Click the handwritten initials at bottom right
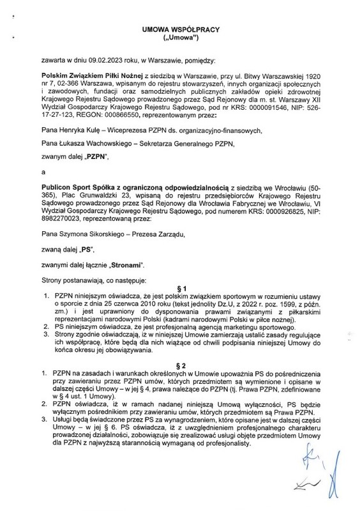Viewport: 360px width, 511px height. (319, 476)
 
